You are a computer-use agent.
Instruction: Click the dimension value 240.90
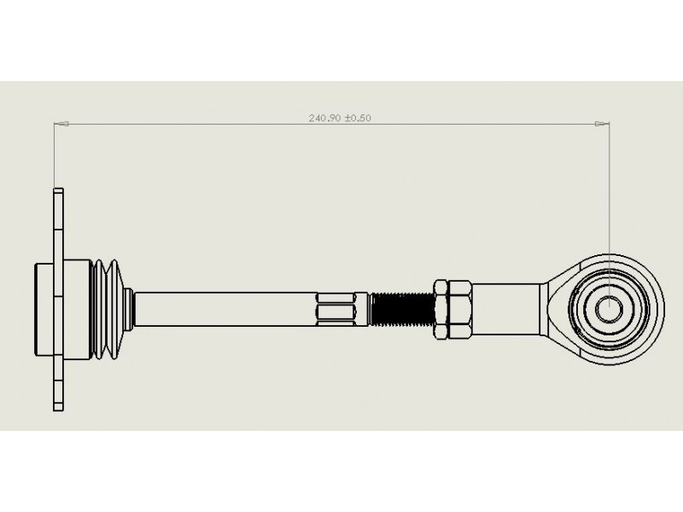[x=325, y=118]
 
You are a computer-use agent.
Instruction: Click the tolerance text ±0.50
[x=358, y=118]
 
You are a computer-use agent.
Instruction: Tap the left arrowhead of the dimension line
[x=61, y=124]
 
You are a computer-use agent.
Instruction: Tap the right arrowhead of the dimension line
[x=602, y=124]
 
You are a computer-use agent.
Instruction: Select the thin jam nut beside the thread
[x=441, y=310]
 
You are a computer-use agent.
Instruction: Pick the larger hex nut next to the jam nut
[x=459, y=310]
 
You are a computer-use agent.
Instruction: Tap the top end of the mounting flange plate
[x=58, y=189]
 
